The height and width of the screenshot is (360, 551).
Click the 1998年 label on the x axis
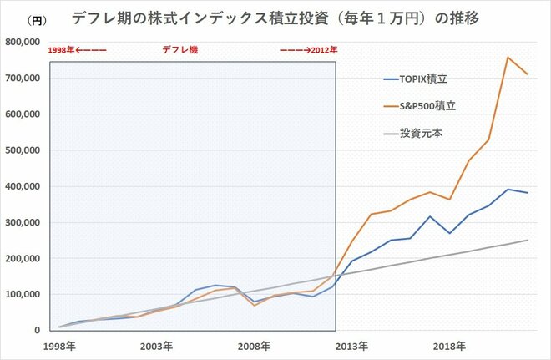click(x=60, y=345)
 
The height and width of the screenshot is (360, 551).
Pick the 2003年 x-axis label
click(x=156, y=345)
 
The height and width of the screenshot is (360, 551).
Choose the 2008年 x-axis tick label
click(x=252, y=345)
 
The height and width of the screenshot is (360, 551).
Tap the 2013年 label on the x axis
click(x=349, y=345)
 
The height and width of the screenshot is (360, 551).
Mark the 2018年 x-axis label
click(x=445, y=345)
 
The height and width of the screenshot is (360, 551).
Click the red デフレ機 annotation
click(x=179, y=51)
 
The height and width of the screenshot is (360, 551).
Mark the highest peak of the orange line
click(x=508, y=57)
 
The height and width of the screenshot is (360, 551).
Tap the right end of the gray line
click(x=528, y=240)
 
